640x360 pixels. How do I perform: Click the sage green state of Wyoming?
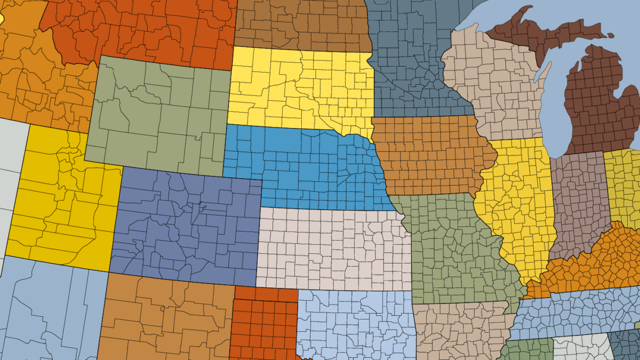157,115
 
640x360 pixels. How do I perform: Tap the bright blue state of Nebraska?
304,165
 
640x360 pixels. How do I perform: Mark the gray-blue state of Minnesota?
405,59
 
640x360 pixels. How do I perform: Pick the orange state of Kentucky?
592,261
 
